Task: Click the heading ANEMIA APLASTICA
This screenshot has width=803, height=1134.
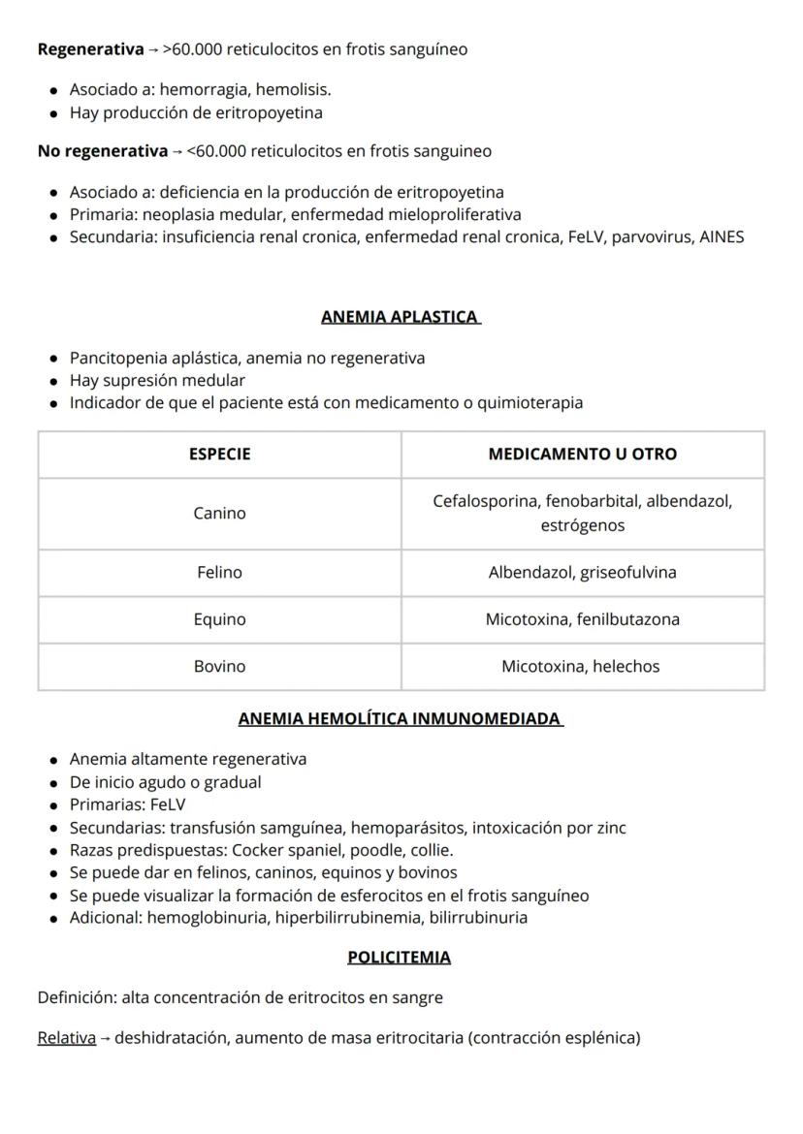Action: [x=401, y=317]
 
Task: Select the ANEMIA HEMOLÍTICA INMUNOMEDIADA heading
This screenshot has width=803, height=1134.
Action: [x=401, y=719]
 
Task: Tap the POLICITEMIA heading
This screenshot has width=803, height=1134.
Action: [x=399, y=958]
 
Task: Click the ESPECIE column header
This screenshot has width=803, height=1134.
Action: [x=219, y=454]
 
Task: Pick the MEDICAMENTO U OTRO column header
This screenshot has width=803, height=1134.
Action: [x=582, y=454]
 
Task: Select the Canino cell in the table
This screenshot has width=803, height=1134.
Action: [x=219, y=514]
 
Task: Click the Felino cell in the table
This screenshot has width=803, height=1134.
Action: [x=219, y=573]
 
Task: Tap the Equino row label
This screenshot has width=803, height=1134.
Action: [x=219, y=619]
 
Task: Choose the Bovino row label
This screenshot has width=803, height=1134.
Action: [x=219, y=667]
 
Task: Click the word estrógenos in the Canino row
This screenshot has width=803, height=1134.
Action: [x=582, y=526]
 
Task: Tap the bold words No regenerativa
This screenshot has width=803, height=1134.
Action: [x=102, y=151]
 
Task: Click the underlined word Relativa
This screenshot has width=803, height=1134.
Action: [x=66, y=1038]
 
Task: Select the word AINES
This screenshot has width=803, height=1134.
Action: [x=722, y=236]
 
